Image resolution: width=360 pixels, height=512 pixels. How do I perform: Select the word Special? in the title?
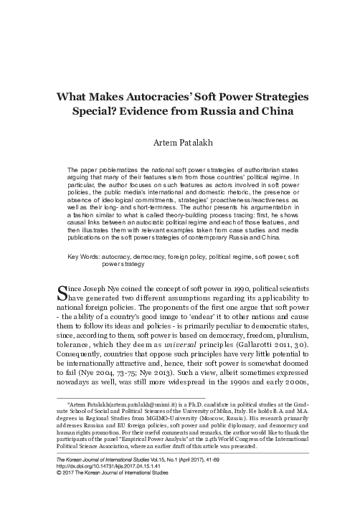[134, 113]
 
